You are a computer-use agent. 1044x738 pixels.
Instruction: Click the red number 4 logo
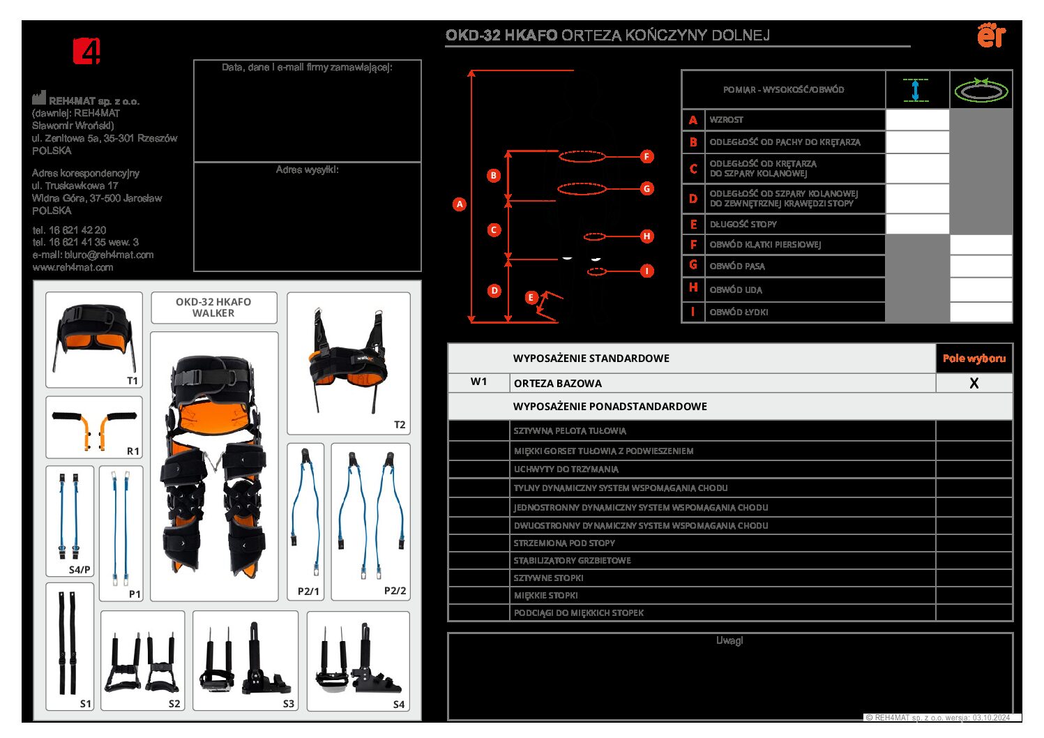point(86,51)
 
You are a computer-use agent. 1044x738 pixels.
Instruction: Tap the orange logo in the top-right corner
point(991,35)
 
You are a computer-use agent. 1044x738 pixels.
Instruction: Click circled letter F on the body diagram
point(646,156)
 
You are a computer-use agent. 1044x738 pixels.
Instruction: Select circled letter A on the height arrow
point(459,204)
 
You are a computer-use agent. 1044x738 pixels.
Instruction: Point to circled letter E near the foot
point(531,298)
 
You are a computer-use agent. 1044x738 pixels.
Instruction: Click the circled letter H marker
point(646,236)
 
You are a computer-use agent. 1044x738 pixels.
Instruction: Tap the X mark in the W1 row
point(974,383)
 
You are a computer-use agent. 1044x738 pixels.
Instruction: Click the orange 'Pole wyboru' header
point(974,359)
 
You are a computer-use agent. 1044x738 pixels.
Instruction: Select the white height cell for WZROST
point(917,120)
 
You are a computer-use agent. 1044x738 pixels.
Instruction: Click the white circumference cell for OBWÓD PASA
point(981,266)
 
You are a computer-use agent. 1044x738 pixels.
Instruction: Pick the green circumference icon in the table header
point(981,90)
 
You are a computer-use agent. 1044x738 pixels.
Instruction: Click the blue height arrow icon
point(916,90)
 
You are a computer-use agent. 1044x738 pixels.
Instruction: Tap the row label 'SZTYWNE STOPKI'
point(548,578)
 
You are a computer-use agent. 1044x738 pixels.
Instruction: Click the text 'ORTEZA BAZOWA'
point(557,383)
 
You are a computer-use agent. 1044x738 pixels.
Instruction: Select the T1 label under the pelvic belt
point(133,381)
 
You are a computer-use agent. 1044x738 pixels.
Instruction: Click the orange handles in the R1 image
point(95,428)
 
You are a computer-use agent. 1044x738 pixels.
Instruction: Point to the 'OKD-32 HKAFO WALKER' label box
point(213,308)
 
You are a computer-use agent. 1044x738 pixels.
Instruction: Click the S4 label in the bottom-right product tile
point(399,705)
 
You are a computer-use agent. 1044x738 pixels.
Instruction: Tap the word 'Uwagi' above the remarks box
point(729,640)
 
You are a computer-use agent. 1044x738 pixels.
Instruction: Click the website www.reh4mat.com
point(73,267)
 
